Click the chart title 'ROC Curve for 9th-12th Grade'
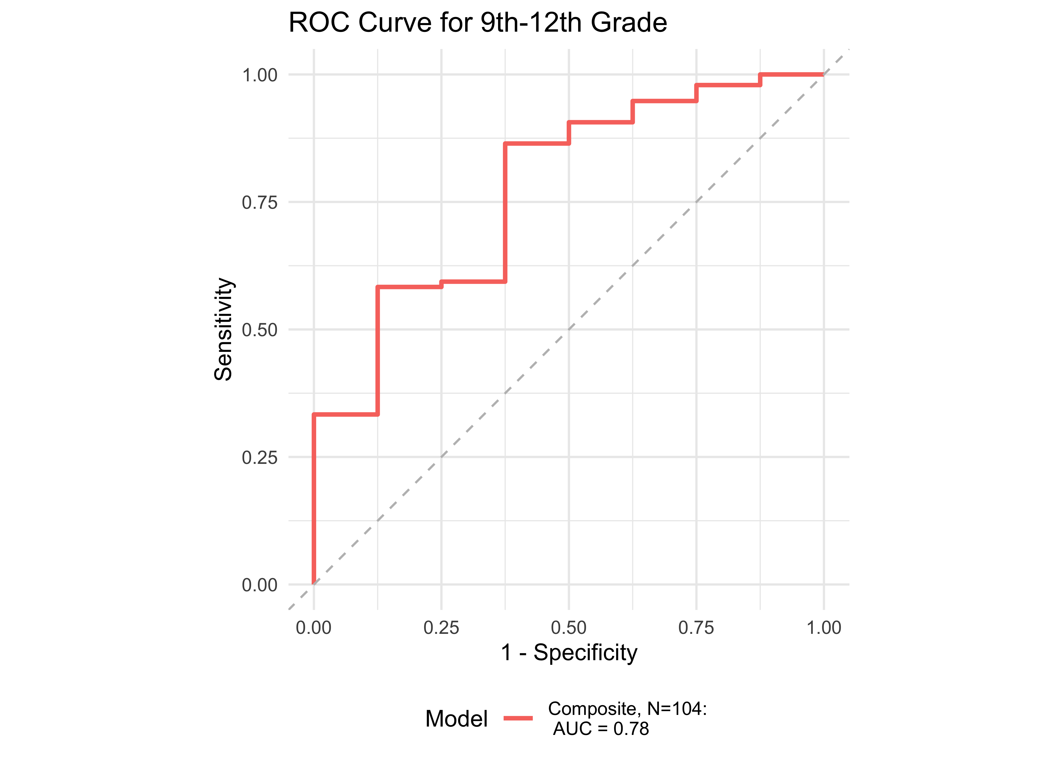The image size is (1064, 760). [x=478, y=23]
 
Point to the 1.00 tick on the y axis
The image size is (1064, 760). [x=260, y=75]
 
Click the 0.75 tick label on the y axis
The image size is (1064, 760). [x=260, y=203]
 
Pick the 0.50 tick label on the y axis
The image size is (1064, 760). [x=260, y=330]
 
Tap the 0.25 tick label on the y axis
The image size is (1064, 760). [x=260, y=457]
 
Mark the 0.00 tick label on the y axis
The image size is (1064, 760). [x=260, y=585]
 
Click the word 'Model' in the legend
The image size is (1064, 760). [x=456, y=718]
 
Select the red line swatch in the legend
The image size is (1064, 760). [x=518, y=718]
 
